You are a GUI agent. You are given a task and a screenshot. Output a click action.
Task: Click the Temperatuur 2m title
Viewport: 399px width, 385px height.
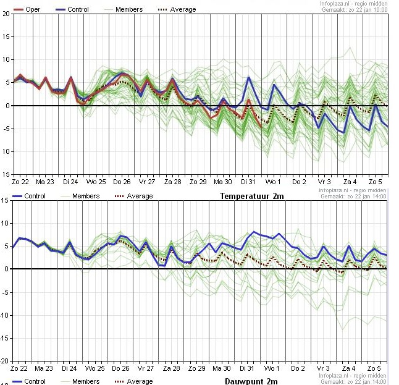(252, 197)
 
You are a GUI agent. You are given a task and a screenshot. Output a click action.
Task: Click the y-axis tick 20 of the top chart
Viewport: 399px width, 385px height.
(6, 14)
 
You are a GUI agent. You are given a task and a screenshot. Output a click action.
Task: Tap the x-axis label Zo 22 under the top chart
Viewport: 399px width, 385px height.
(20, 183)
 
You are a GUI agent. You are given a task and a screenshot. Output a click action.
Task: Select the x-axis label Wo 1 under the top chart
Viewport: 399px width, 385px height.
(272, 183)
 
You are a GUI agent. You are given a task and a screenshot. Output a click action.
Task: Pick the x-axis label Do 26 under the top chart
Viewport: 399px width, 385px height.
(121, 183)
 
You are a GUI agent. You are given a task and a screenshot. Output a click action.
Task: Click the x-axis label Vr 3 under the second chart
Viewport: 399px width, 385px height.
(324, 368)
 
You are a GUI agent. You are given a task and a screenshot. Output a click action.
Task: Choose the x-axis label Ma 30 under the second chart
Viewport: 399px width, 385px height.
(222, 368)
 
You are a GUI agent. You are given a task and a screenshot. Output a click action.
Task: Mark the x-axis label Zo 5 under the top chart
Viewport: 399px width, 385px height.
(376, 183)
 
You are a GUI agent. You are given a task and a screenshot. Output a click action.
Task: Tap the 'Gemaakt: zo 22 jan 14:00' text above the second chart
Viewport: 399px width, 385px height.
(353, 196)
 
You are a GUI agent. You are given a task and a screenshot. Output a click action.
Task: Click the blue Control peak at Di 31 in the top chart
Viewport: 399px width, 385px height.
(249, 77)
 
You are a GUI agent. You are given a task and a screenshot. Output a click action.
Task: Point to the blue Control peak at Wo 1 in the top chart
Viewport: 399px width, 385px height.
(274, 85)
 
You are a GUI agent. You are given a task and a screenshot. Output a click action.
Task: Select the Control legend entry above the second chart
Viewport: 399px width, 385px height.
(31, 196)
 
